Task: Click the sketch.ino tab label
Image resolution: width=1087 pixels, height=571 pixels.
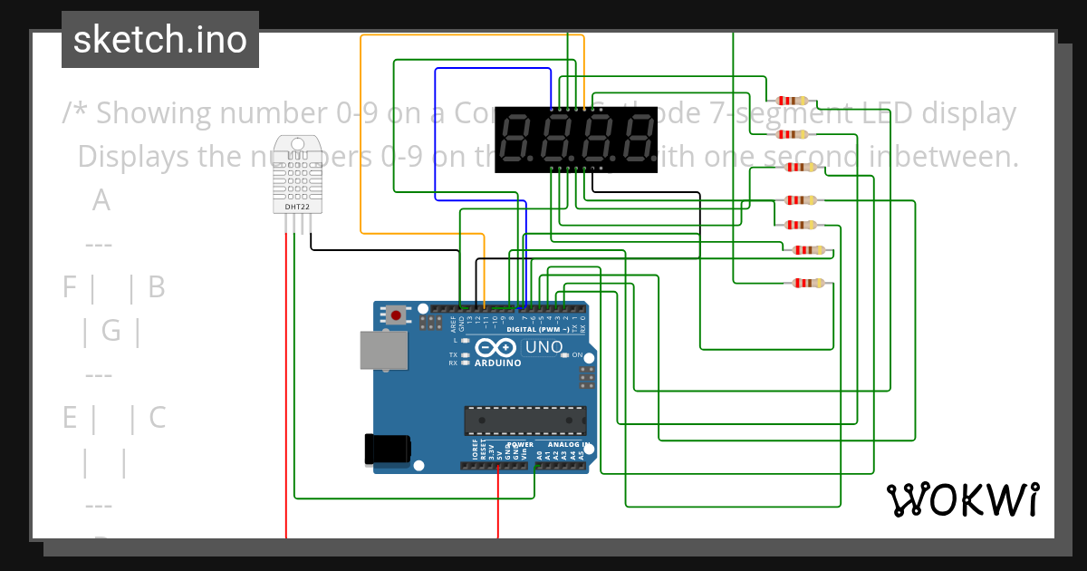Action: coord(160,40)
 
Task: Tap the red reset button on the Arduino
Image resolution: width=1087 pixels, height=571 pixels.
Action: coord(396,315)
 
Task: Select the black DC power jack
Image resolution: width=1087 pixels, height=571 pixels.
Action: coord(387,450)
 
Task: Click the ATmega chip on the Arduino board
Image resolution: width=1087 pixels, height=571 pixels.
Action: coord(524,421)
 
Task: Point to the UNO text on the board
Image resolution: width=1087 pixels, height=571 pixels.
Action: coord(543,347)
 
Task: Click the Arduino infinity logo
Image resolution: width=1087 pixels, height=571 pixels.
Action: coord(496,348)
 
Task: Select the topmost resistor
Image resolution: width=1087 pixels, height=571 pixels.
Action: coord(792,101)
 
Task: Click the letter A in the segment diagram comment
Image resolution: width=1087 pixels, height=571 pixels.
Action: coord(101,200)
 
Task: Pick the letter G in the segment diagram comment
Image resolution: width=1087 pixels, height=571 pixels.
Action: coord(111,331)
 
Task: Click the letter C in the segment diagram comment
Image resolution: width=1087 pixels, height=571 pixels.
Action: coord(157,418)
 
